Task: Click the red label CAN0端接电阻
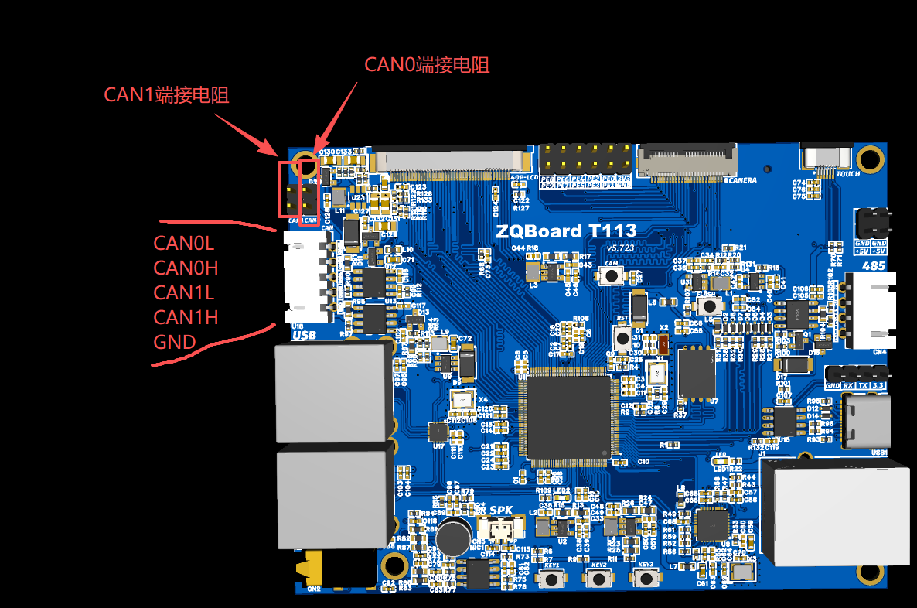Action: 427,65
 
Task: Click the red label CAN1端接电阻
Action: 166,95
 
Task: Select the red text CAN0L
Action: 183,243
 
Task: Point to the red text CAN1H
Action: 186,316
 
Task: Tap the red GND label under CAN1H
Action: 175,341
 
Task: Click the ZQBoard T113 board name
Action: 567,231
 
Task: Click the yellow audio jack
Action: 312,569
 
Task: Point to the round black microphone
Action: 454,535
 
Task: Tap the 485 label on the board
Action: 873,265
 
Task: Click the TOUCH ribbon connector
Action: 827,158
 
